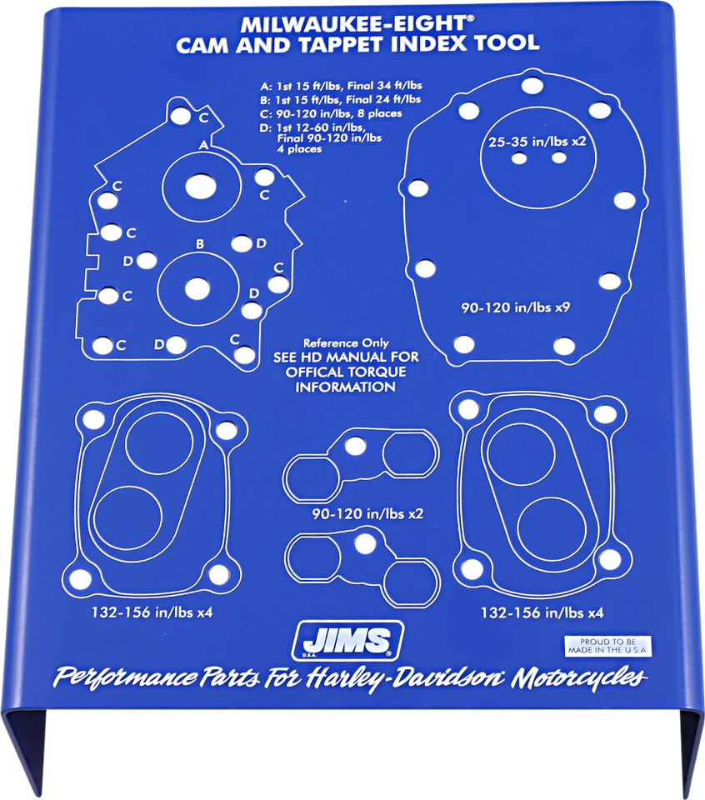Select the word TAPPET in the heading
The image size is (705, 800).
344,42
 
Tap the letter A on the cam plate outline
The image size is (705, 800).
202,145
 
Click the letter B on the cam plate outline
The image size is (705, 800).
200,244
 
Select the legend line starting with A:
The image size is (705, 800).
342,85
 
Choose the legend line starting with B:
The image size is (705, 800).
342,99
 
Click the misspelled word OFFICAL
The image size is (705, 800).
322,372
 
